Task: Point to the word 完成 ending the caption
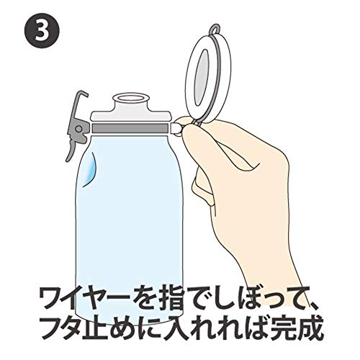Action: tap(302, 328)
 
